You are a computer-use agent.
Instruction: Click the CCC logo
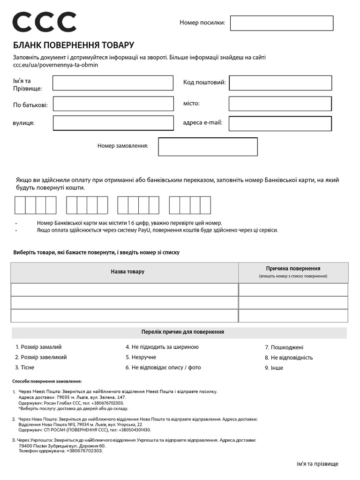click(44, 22)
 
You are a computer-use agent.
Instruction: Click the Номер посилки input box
click(281, 23)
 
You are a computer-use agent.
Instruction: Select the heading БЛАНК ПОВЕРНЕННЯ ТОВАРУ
click(74, 45)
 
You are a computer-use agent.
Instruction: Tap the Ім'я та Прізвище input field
click(113, 83)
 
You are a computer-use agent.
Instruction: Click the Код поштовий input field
click(280, 83)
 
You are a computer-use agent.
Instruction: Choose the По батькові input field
click(113, 104)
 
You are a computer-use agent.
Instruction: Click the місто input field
click(280, 104)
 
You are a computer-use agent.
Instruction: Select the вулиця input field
click(113, 123)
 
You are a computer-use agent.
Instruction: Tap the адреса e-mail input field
click(280, 123)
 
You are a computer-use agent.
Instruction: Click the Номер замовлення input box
click(208, 147)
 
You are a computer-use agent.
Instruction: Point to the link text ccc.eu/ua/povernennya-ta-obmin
click(55, 65)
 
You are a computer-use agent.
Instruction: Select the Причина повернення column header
click(293, 269)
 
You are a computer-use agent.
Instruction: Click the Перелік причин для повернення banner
click(182, 332)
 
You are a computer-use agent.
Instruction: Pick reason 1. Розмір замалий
click(38, 347)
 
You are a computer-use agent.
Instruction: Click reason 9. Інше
click(274, 368)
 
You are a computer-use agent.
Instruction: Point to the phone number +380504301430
click(130, 430)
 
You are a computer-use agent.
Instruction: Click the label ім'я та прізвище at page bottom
click(317, 464)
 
